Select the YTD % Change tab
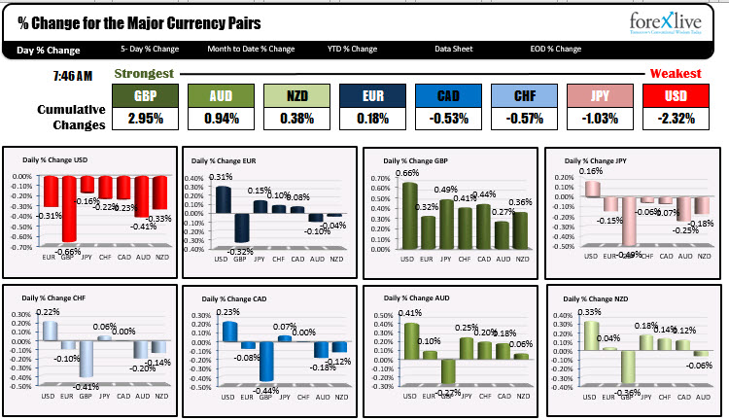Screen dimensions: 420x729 tap(351, 49)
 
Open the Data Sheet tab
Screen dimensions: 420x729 tap(454, 49)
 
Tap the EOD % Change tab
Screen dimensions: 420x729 tap(555, 49)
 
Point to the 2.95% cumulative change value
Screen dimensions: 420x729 tap(145, 120)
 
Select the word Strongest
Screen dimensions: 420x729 tap(144, 74)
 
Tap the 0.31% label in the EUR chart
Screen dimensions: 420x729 tap(221, 177)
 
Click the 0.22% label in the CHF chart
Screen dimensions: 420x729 tap(48, 311)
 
